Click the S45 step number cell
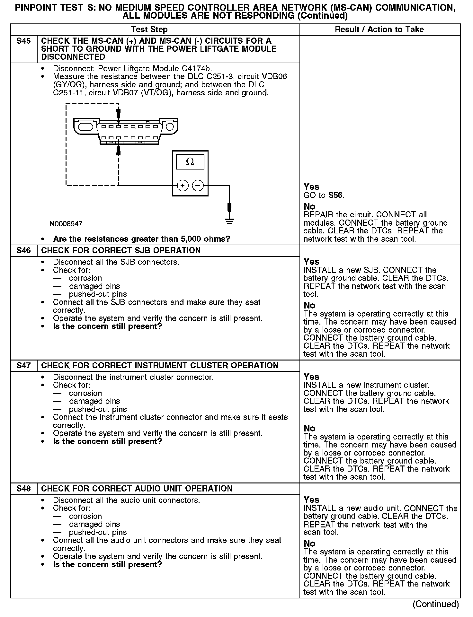coord(24,41)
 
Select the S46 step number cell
coord(24,251)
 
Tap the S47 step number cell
coord(24,366)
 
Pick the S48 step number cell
coord(24,489)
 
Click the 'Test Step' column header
coord(149,30)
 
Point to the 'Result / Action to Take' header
coord(379,30)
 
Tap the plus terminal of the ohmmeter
coord(183,186)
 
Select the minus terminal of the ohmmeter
coord(198,186)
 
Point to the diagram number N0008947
coord(66,224)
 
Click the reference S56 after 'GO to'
coord(336,196)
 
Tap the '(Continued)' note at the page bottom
coord(435,604)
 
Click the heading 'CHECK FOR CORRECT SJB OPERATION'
coord(121,251)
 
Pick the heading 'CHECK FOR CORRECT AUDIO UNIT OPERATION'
coord(137,489)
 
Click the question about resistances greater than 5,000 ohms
coord(141,239)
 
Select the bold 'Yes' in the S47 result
coord(311,377)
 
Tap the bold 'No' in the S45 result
coord(309,206)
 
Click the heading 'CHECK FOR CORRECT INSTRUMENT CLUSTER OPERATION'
coord(160,366)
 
